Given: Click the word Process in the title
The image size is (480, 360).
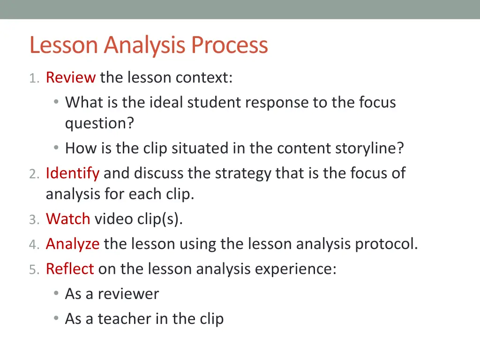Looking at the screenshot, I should tap(229, 45).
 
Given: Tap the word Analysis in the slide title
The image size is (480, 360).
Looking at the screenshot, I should tap(146, 45).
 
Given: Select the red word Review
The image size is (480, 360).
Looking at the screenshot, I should tap(71, 77).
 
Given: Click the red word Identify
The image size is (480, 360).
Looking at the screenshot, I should tap(72, 173).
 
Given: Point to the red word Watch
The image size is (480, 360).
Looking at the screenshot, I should tap(68, 219).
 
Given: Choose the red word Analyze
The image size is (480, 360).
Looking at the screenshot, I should tap(73, 244).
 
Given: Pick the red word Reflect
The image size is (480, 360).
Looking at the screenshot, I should tap(70, 269).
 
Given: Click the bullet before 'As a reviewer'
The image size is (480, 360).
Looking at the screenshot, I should tap(56, 294).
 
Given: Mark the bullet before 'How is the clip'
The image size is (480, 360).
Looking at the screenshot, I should tap(56, 148).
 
